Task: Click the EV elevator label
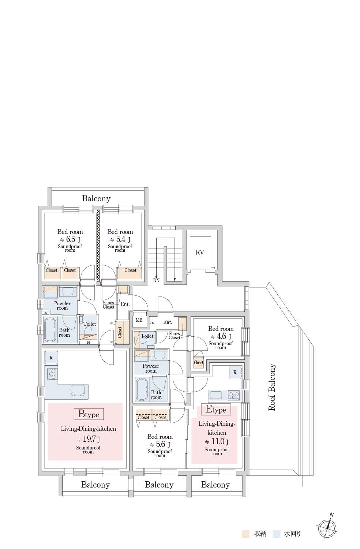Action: tap(199, 253)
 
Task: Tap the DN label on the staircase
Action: tap(156, 281)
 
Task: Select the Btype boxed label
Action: tap(89, 414)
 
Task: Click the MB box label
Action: tap(139, 320)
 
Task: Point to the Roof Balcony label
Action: tap(272, 387)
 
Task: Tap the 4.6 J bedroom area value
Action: tap(221, 336)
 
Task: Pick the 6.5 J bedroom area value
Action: tap(70, 239)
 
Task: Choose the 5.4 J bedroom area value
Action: tap(120, 239)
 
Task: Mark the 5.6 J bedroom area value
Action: tap(160, 444)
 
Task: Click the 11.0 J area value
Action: tap(217, 441)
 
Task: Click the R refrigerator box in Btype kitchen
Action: tap(51, 358)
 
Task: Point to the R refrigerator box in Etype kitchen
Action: tap(235, 372)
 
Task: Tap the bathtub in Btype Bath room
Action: tap(50, 330)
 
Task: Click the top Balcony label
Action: tap(96, 198)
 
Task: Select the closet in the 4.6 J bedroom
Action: tap(198, 362)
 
